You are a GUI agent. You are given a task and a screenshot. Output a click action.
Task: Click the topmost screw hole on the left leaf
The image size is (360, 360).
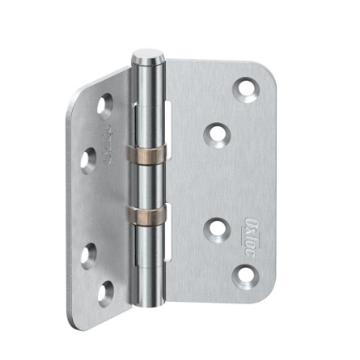[105, 104]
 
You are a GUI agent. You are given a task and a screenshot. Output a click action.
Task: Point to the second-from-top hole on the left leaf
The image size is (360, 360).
[88, 158]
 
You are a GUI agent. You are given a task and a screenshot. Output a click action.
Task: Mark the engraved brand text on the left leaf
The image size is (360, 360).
[109, 140]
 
